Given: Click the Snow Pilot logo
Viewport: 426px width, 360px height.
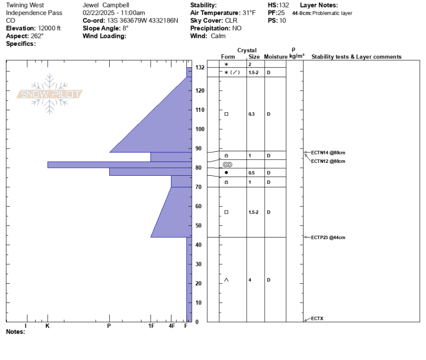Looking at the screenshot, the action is tap(50, 94).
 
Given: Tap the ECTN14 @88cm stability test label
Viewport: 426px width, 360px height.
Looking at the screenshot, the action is tap(328, 153).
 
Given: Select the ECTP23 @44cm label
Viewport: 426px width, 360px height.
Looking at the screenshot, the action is tap(328, 238).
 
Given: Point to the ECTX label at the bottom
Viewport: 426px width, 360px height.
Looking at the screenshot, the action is tap(317, 318).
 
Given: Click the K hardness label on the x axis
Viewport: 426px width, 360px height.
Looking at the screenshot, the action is tap(47, 326).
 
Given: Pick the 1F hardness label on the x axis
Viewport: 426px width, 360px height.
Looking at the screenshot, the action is tap(151, 326).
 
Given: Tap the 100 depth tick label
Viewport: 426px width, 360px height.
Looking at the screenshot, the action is tap(200, 129).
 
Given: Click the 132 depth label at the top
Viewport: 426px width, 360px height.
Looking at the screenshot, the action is tap(200, 68).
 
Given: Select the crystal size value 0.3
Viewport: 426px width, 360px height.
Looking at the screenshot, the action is tap(251, 114).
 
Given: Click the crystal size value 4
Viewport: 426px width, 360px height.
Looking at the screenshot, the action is tap(250, 280).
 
